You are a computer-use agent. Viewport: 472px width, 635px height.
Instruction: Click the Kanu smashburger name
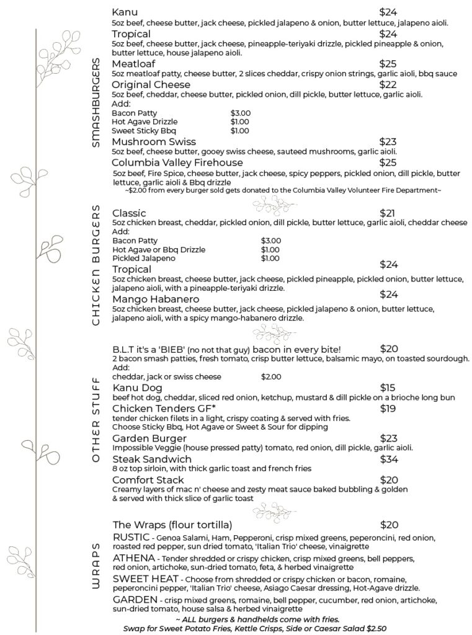[x=125, y=12]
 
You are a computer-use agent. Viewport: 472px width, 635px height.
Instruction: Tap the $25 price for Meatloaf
[x=388, y=64]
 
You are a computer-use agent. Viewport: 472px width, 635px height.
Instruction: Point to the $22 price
[x=388, y=84]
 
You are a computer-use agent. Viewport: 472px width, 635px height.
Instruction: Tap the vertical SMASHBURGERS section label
[x=96, y=102]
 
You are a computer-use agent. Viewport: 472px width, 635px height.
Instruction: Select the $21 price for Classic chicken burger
[x=388, y=213]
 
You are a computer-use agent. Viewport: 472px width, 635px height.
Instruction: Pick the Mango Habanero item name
[x=153, y=300]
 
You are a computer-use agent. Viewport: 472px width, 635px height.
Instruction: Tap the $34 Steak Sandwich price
[x=388, y=459]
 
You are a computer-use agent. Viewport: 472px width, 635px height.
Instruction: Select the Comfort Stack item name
[x=148, y=480]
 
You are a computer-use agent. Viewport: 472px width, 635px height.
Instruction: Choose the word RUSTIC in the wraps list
[x=130, y=537]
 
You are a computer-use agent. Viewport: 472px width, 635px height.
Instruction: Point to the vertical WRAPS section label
[x=96, y=569]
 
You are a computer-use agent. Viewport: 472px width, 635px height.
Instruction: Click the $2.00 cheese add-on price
[x=271, y=376]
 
